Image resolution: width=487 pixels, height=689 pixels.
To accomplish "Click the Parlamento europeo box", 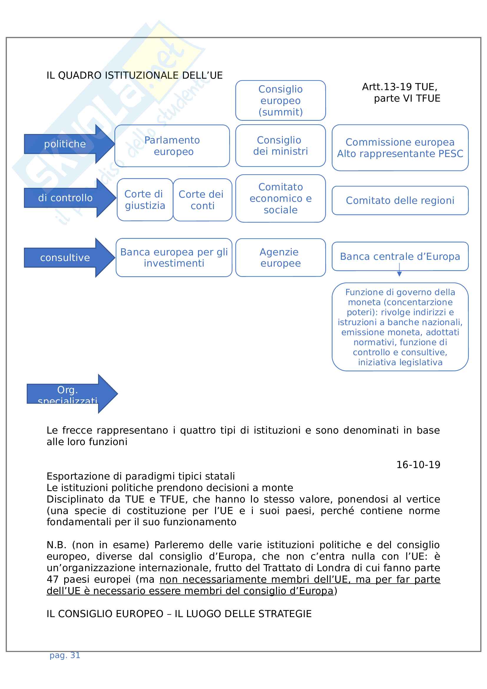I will point(172,146).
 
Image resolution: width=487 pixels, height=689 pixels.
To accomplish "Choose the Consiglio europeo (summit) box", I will point(280,100).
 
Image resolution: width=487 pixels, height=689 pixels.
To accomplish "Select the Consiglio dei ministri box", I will point(280,146).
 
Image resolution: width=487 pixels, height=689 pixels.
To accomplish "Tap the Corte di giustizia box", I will point(145,200).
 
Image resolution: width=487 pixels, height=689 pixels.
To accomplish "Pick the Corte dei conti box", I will point(202,200).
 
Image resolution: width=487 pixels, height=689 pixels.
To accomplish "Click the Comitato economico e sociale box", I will point(280,198).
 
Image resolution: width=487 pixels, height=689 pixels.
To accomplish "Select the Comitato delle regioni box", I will point(400,201).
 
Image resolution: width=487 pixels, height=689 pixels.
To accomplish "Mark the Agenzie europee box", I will point(280,257).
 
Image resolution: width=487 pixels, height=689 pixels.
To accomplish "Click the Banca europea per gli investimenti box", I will point(174,257).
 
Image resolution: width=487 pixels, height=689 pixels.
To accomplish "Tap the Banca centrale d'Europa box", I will point(400,257).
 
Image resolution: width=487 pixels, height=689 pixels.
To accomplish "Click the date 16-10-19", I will point(418,465).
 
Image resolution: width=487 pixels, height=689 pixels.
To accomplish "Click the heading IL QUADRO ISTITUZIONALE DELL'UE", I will point(134,75).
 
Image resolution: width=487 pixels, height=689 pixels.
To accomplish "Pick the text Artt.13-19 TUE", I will point(399,87).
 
